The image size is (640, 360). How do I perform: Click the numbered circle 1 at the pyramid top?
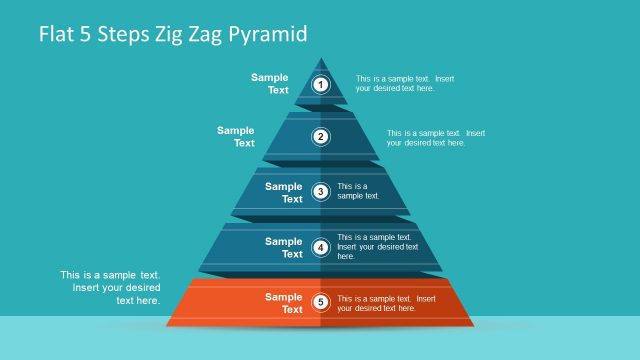pyautogui.click(x=321, y=84)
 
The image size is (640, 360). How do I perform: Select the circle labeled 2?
pyautogui.click(x=321, y=137)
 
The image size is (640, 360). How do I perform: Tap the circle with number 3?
pyautogui.click(x=321, y=192)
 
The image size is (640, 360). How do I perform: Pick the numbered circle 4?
pyautogui.click(x=321, y=247)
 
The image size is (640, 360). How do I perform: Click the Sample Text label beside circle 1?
pyautogui.click(x=270, y=84)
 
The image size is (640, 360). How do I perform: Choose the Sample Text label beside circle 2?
pyautogui.click(x=236, y=137)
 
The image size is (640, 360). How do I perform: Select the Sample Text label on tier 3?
pyautogui.click(x=283, y=192)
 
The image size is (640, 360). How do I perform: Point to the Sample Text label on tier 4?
pyautogui.click(x=283, y=247)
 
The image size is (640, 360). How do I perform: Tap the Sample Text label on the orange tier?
pyautogui.click(x=283, y=302)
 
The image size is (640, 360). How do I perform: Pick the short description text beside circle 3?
pyautogui.click(x=358, y=191)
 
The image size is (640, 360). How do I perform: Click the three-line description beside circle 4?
pyautogui.click(x=378, y=247)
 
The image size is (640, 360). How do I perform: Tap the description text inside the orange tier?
pyautogui.click(x=386, y=303)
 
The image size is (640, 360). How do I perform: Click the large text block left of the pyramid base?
pyautogui.click(x=110, y=287)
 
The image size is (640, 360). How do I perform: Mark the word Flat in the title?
pyautogui.click(x=56, y=35)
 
